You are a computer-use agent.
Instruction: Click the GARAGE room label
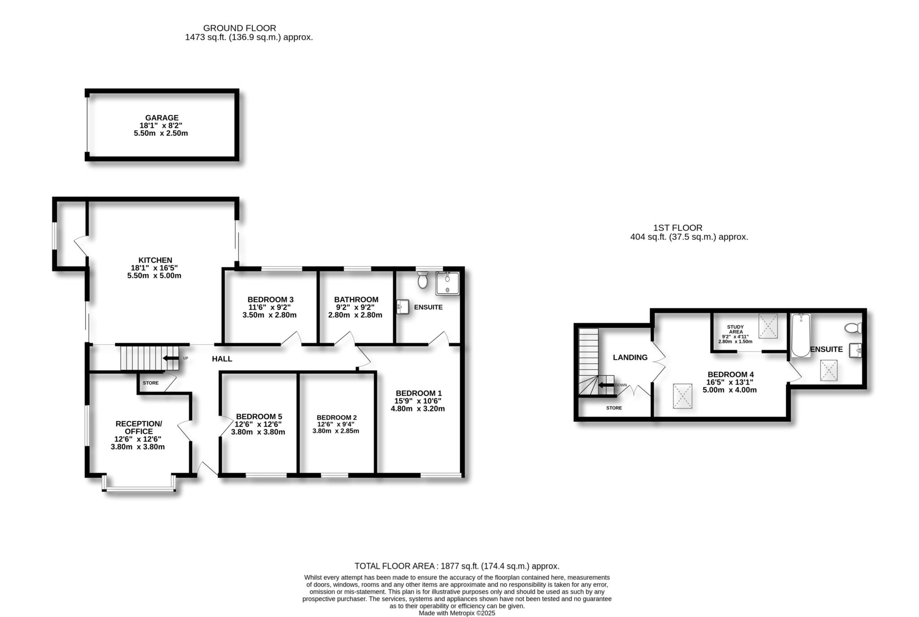(x=162, y=118)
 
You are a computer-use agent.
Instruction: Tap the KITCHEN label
(x=155, y=260)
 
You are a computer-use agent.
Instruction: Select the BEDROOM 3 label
(x=271, y=300)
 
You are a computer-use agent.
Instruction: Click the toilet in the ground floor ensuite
(x=423, y=280)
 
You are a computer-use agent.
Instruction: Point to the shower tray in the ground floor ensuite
(x=447, y=283)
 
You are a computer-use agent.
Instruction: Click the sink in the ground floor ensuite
(x=403, y=307)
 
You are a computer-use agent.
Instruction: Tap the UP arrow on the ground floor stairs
(x=171, y=358)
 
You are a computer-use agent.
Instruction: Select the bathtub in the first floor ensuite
(x=801, y=335)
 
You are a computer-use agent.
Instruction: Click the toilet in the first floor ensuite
(x=853, y=328)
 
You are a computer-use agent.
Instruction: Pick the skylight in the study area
(x=768, y=326)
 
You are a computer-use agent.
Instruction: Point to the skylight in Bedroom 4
(x=683, y=396)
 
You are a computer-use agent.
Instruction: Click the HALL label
(x=222, y=359)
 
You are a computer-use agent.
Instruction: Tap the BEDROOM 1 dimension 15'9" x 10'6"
(x=418, y=401)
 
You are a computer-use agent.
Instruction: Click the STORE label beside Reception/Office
(x=151, y=383)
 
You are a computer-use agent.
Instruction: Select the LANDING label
(x=630, y=358)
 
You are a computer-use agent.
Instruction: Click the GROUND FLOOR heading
(x=240, y=28)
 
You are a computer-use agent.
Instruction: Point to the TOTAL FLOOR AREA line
(x=457, y=566)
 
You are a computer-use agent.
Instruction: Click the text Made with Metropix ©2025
(x=457, y=613)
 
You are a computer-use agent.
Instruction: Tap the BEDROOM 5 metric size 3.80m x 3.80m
(x=258, y=433)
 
